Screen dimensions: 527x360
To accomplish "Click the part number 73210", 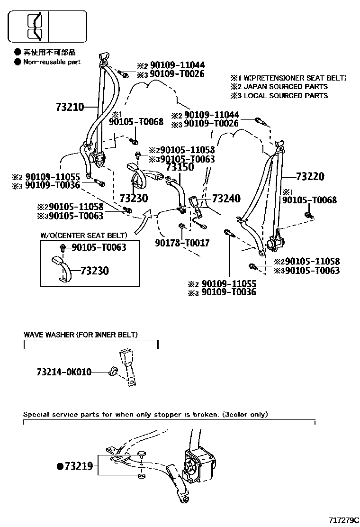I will (x=70, y=107).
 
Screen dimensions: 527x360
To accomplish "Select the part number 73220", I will (x=310, y=177).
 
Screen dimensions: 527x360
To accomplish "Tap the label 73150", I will (x=180, y=167).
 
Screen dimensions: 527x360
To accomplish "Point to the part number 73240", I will (x=226, y=198).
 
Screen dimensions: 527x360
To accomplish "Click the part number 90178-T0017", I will (x=182, y=243).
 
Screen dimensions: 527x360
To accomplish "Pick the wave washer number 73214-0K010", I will (x=63, y=373).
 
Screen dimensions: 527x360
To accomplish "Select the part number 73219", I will (x=79, y=466).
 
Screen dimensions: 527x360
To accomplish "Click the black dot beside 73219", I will (x=60, y=466).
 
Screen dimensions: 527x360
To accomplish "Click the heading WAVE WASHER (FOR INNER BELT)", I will (x=81, y=335).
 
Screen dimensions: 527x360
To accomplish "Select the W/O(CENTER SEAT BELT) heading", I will (x=83, y=235).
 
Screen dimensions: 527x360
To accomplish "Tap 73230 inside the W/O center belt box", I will (x=94, y=271).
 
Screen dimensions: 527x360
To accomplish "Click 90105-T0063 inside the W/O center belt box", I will (x=99, y=247).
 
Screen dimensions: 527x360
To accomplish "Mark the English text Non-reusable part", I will (x=52, y=62).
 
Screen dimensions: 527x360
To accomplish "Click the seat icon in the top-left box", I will (x=35, y=26).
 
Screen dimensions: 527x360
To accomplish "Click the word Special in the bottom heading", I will (x=36, y=414).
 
